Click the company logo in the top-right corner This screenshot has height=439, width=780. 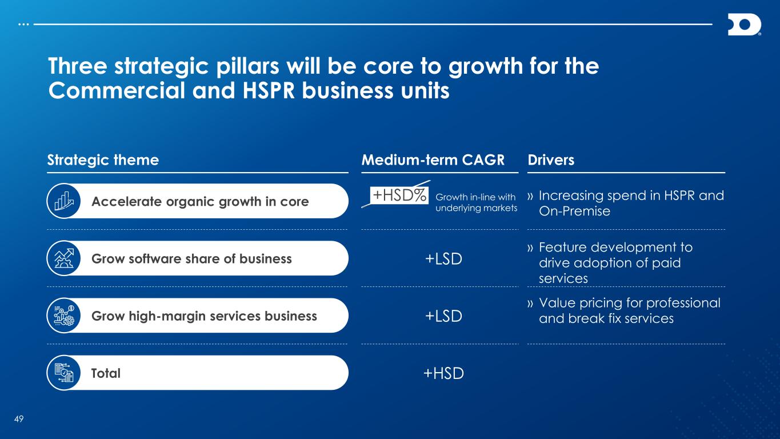click(x=744, y=25)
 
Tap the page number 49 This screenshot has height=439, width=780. click(x=19, y=419)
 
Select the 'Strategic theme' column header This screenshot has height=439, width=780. click(x=103, y=160)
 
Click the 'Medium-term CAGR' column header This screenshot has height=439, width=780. click(x=433, y=160)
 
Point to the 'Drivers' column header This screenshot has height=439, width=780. click(x=551, y=160)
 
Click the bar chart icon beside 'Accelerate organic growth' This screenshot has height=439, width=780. click(x=64, y=201)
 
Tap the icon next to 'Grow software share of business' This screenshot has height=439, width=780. click(x=64, y=258)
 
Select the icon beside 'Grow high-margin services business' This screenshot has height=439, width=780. click(x=64, y=316)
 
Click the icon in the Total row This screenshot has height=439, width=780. click(x=64, y=373)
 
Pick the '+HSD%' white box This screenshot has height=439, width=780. click(x=399, y=195)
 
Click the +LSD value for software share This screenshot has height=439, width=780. click(x=443, y=259)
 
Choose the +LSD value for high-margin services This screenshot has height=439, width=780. click(x=443, y=316)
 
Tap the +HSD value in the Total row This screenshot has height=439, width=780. click(x=443, y=373)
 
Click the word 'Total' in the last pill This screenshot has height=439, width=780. click(x=106, y=373)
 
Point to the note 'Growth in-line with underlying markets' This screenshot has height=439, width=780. click(x=477, y=202)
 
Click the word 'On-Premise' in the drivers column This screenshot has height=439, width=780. click(x=574, y=211)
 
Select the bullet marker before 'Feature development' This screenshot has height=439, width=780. click(x=530, y=248)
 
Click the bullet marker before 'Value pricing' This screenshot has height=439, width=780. click(x=530, y=304)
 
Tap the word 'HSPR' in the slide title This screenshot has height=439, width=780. click(x=269, y=90)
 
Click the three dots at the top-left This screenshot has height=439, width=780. click(x=23, y=25)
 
